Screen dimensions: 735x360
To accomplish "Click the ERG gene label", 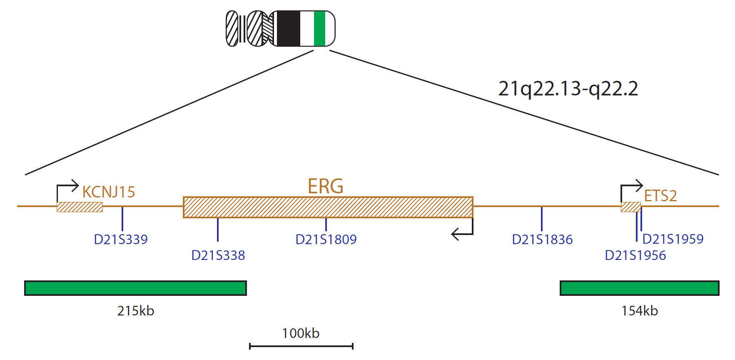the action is click(x=325, y=186).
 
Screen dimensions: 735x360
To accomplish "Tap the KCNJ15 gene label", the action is click(x=109, y=192).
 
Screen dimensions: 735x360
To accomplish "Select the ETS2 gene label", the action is click(x=660, y=195).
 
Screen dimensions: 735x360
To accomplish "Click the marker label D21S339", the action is click(x=121, y=239).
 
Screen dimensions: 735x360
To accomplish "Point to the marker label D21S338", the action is click(x=218, y=255).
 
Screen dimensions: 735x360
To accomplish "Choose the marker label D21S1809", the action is click(x=326, y=239).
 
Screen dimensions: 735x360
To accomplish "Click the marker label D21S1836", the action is click(x=542, y=239).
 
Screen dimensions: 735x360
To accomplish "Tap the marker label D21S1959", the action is click(x=673, y=239).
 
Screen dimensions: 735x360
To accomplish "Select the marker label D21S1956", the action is click(x=635, y=255).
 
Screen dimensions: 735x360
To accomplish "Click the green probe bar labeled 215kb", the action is click(x=135, y=288).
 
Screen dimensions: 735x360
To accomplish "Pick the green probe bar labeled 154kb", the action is click(x=639, y=288).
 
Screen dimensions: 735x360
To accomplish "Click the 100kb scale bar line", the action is click(x=301, y=346).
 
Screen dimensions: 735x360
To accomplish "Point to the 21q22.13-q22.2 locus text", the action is click(x=568, y=89).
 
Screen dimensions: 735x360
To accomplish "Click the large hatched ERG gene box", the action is click(x=328, y=207).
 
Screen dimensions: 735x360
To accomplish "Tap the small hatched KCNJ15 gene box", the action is click(x=80, y=207).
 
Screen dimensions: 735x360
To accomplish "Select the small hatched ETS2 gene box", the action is click(x=630, y=207).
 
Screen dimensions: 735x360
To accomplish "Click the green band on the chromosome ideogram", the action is click(x=319, y=28).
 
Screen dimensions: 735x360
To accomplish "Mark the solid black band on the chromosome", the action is click(x=288, y=28).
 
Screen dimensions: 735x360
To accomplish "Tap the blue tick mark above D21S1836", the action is click(x=542, y=219).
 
